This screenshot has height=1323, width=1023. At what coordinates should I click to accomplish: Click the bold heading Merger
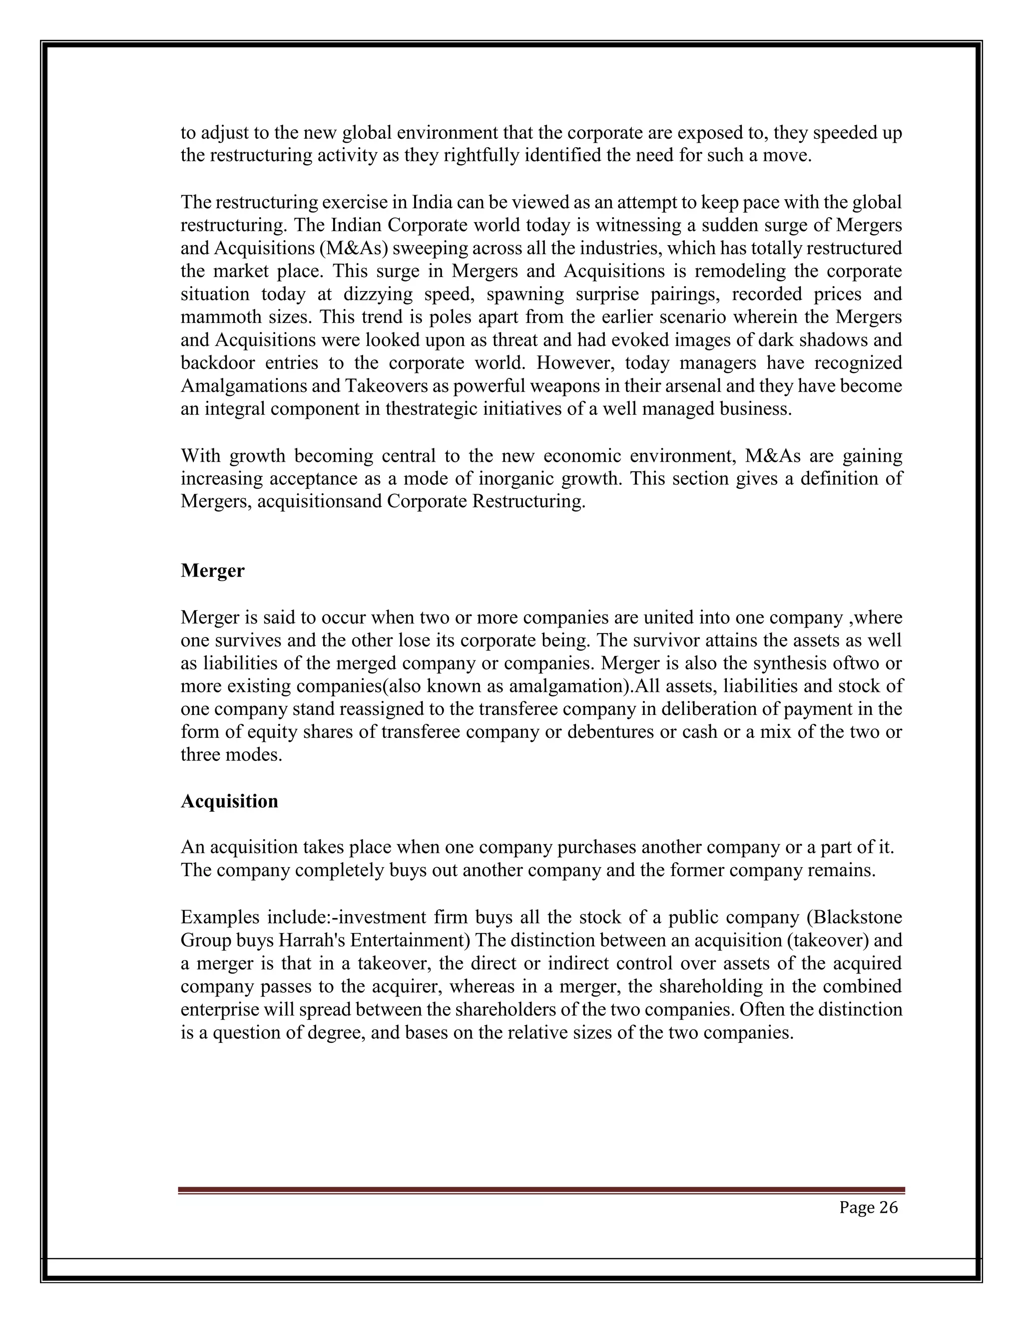pos(212,571)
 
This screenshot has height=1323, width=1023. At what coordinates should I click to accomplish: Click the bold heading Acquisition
pos(229,801)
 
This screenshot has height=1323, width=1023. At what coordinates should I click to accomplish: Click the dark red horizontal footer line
pos(540,1190)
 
